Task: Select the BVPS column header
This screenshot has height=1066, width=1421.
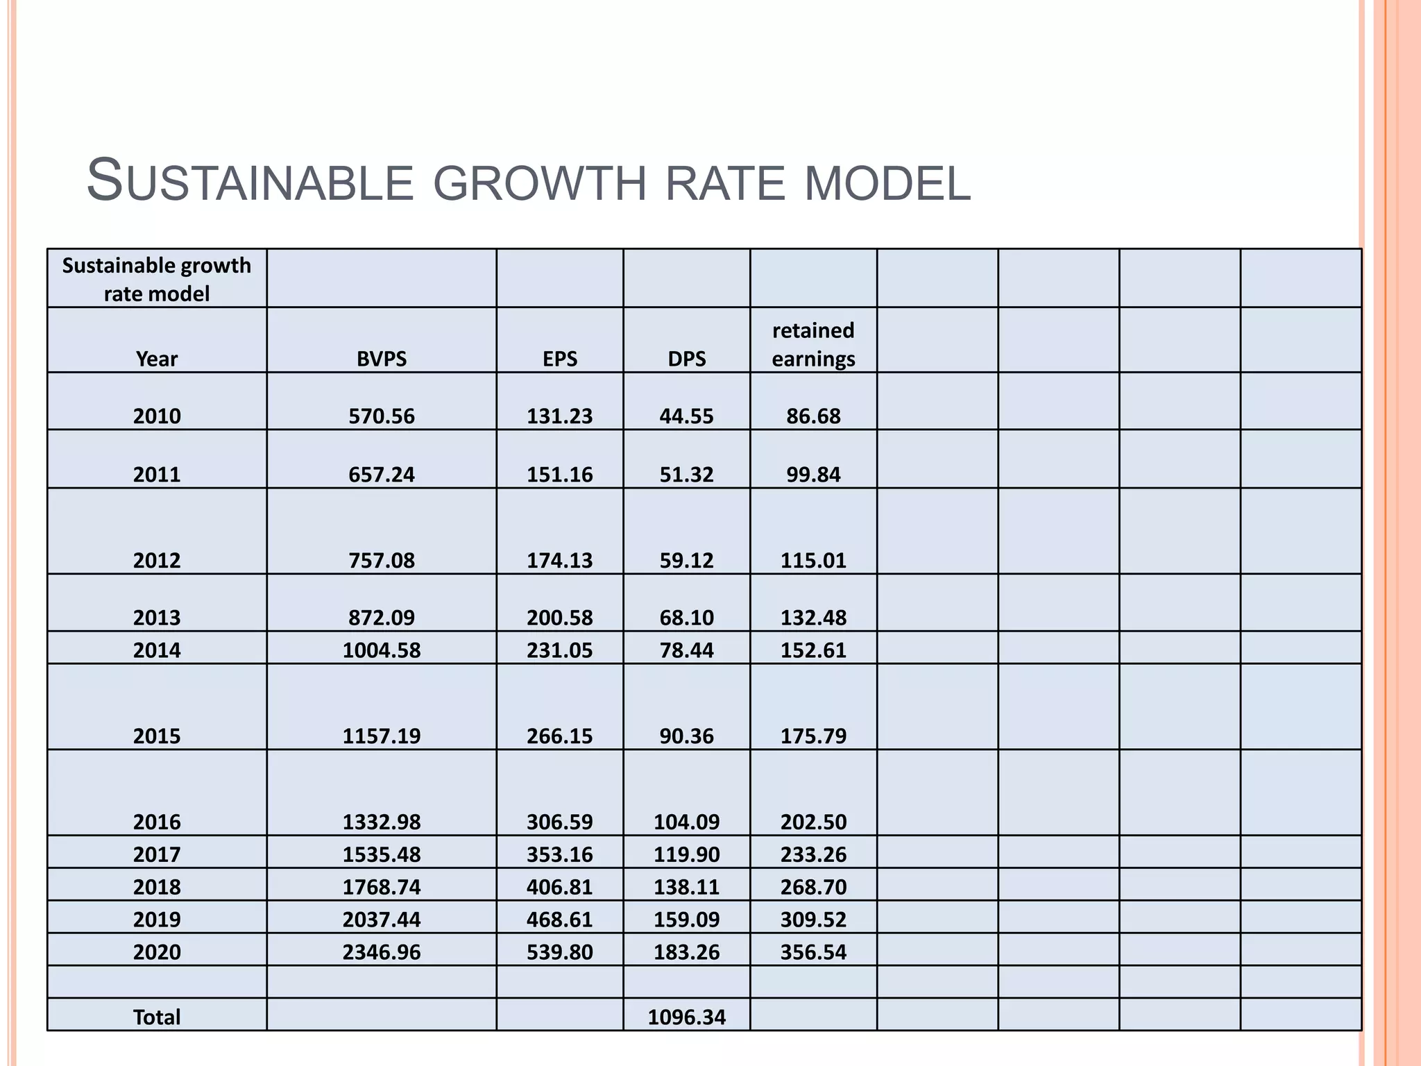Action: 382,359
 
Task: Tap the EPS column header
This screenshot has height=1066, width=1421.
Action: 560,359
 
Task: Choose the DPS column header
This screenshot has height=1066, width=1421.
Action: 687,359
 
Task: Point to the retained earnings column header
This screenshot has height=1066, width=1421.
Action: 813,344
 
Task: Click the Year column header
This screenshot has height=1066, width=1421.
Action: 157,359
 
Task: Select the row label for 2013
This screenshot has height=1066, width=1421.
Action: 157,617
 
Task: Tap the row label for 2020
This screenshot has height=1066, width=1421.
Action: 157,951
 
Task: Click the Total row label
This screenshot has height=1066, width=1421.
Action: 157,1017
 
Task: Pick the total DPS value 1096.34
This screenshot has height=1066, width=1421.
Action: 687,1017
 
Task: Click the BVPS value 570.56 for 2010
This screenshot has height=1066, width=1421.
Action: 382,416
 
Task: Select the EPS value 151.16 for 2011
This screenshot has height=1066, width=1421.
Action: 560,474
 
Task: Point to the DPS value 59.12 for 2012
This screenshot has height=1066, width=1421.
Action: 687,560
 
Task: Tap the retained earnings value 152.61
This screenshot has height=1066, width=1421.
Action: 813,650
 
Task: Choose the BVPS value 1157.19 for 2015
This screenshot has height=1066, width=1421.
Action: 382,736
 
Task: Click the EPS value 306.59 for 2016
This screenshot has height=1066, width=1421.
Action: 560,822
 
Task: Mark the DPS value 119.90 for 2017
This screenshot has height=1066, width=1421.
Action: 687,854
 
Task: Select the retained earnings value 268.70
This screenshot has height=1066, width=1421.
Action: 813,886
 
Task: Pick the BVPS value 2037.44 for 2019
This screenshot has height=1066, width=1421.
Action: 382,919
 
